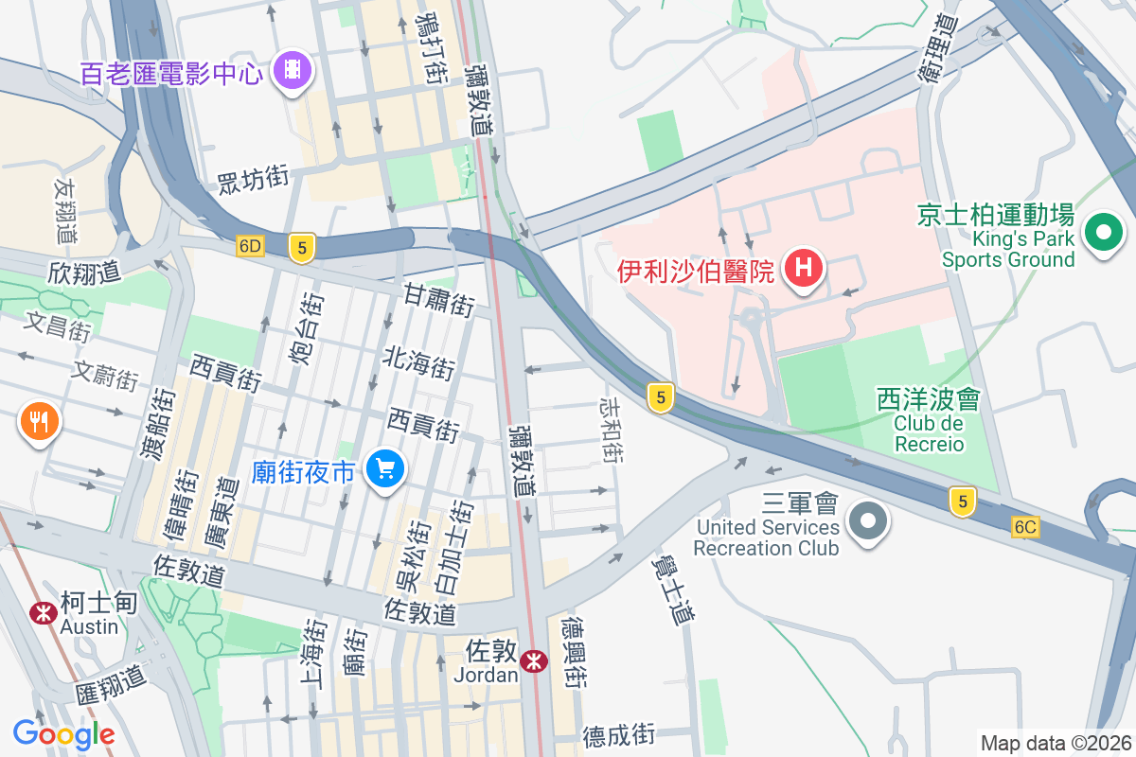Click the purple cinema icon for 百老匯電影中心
tap(293, 69)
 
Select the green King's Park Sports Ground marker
tap(1103, 232)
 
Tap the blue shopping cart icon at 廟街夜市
tap(384, 467)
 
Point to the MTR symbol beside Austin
tap(43, 612)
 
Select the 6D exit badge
tap(250, 246)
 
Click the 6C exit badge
tap(1024, 527)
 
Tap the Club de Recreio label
tap(929, 433)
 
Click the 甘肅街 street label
tap(438, 300)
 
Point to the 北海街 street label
tap(418, 361)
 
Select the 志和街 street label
tap(612, 429)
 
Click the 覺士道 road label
tap(673, 587)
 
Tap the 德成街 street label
tap(618, 735)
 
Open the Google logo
tap(63, 733)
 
